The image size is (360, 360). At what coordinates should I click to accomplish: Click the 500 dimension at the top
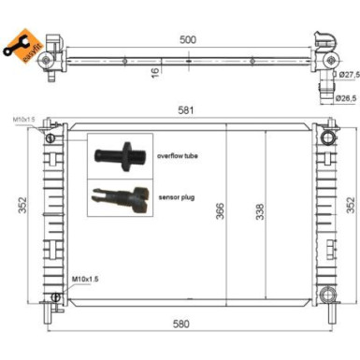[188, 40]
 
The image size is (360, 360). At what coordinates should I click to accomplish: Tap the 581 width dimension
[188, 111]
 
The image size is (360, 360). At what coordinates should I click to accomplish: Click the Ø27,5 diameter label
[348, 74]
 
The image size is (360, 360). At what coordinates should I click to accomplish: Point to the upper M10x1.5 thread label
[24, 121]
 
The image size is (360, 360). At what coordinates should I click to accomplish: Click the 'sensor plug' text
[173, 196]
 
